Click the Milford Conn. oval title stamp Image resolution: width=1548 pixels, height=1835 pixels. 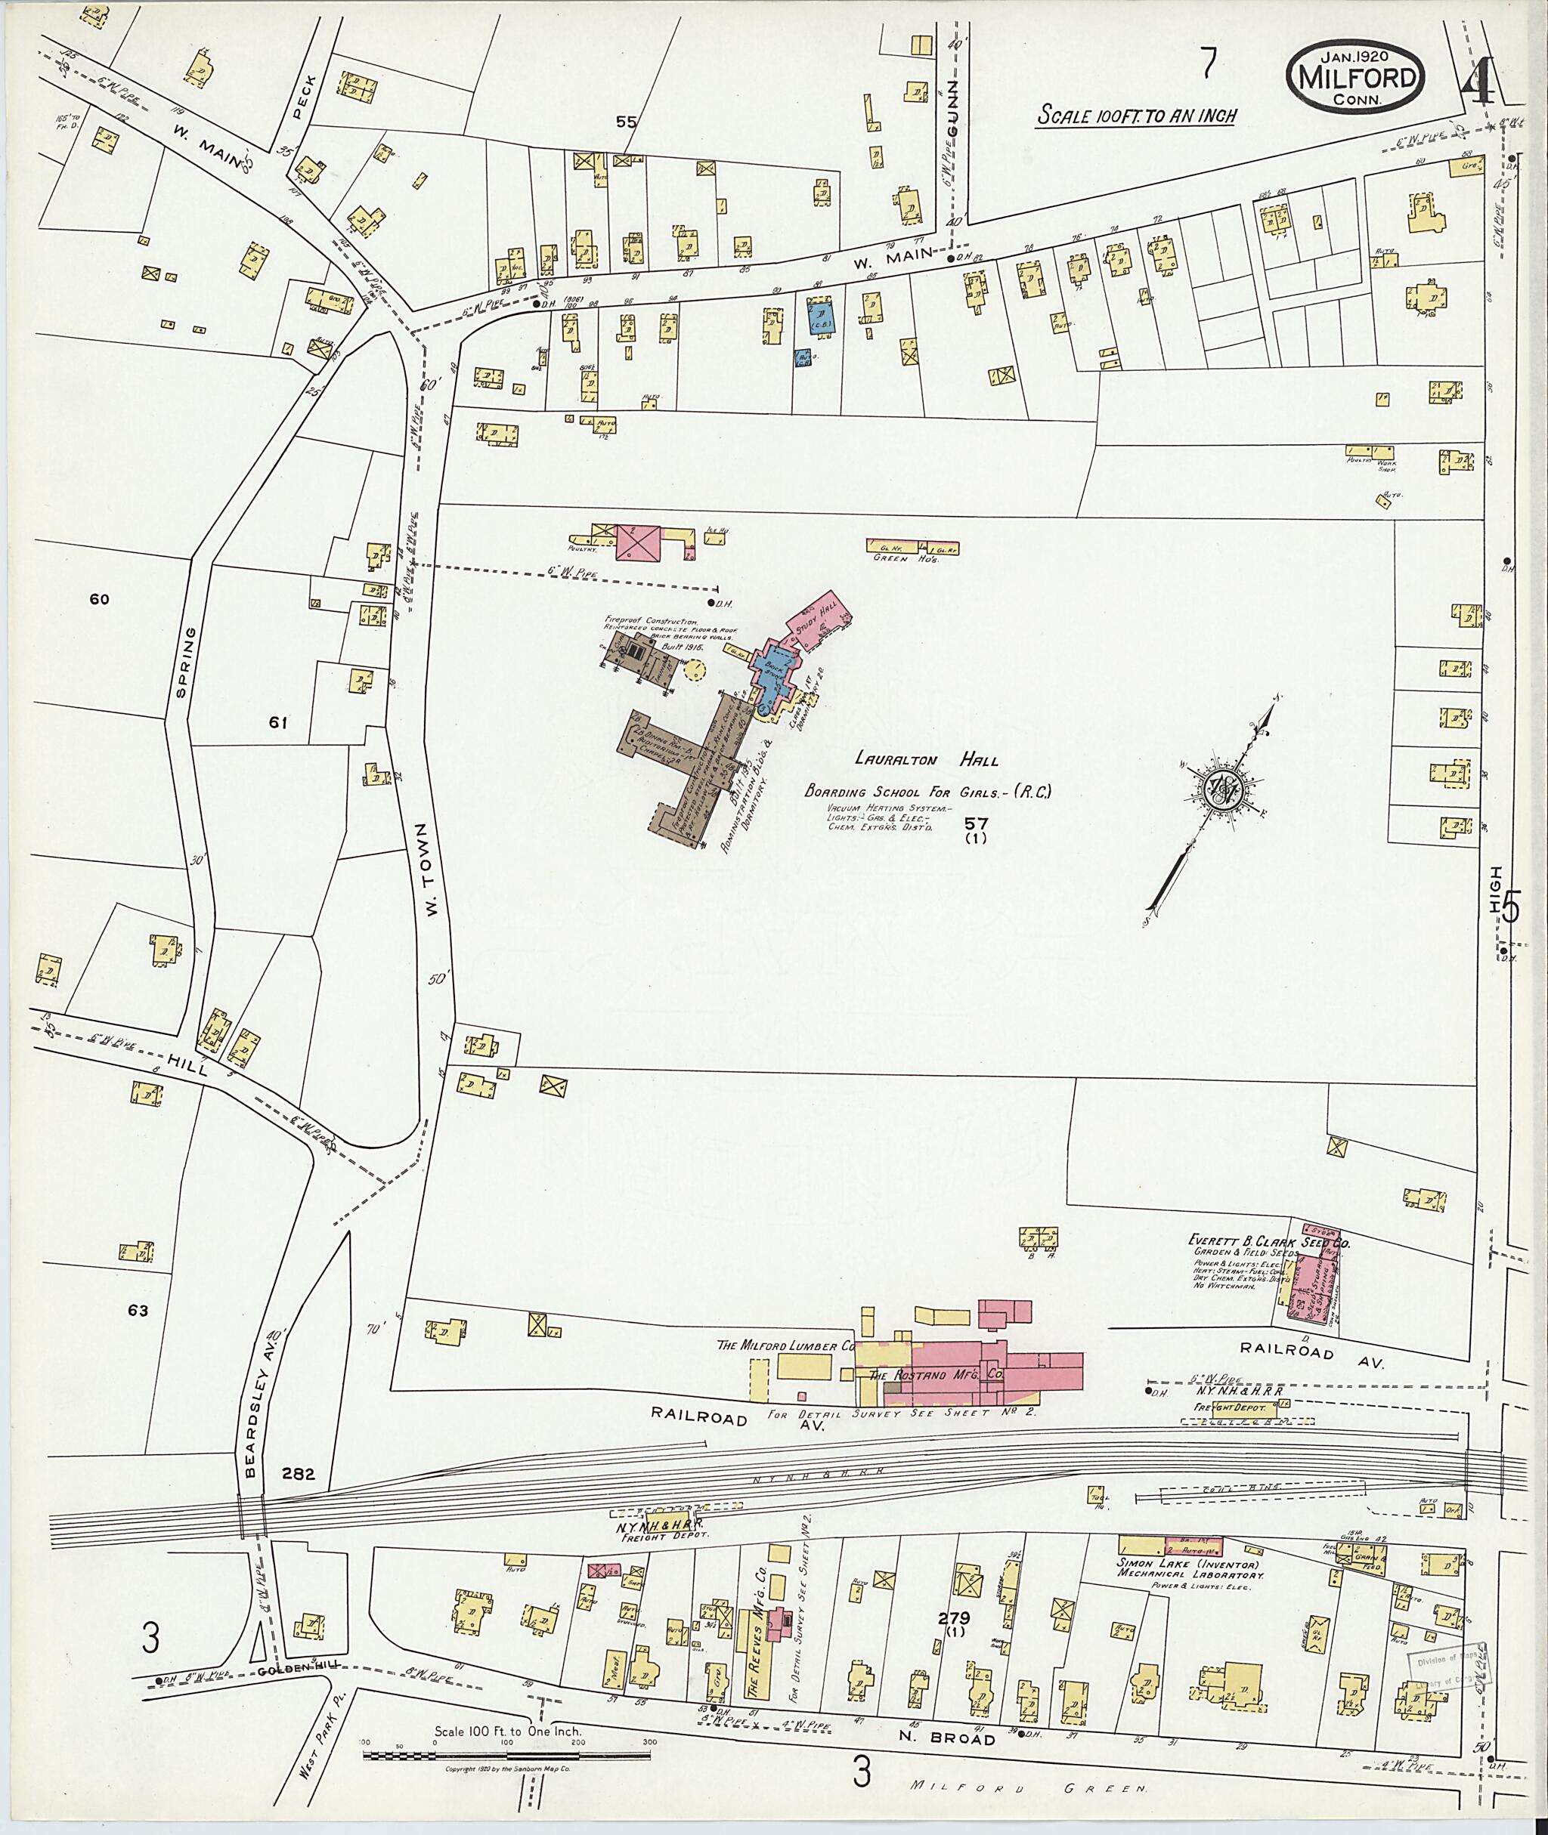pos(1355,78)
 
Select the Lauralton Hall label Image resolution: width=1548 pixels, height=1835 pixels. pos(926,760)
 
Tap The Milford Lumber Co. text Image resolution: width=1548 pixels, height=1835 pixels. pos(785,1369)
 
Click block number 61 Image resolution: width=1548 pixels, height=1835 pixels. pos(278,723)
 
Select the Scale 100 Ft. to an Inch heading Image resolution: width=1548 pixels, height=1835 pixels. pos(1135,115)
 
